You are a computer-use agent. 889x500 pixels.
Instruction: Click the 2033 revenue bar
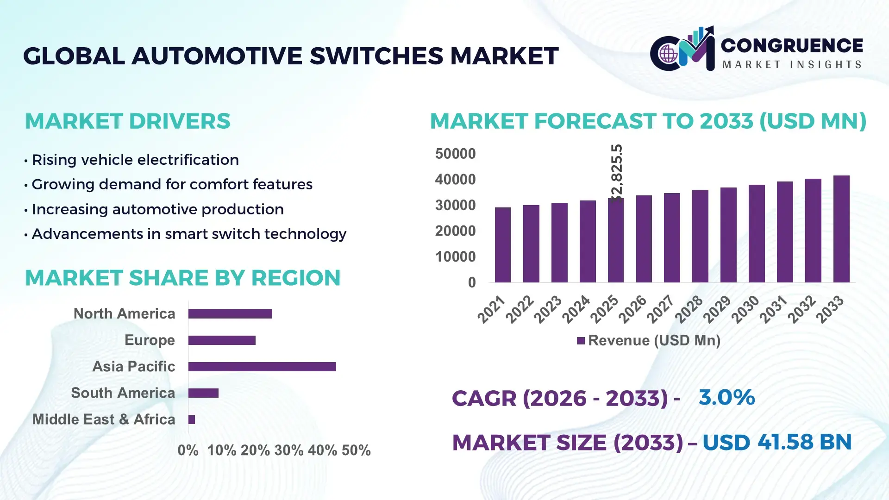[x=841, y=229]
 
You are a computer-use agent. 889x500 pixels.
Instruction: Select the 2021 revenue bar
[x=503, y=245]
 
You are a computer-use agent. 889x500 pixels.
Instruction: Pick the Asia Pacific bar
[x=262, y=367]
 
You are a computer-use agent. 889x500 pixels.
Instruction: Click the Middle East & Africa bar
[x=192, y=419]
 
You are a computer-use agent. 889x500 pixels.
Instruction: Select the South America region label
[x=123, y=393]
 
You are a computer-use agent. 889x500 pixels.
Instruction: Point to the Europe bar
[x=222, y=340]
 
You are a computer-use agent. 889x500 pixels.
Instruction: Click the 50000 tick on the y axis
[x=455, y=154]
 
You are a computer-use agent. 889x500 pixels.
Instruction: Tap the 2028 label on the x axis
[x=689, y=309]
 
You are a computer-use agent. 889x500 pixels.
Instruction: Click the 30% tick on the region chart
[x=289, y=450]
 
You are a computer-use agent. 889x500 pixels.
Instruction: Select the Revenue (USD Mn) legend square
[x=581, y=341]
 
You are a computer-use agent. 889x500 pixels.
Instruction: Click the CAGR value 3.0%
[x=726, y=397]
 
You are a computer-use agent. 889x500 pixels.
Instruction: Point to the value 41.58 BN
[x=804, y=442]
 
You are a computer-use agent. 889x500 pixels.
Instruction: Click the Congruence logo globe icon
[x=668, y=54]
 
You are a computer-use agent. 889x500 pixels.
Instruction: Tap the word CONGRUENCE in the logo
[x=792, y=45]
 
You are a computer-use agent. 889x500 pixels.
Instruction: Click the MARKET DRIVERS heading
[x=127, y=121]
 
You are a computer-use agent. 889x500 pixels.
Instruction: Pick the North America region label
[x=124, y=314]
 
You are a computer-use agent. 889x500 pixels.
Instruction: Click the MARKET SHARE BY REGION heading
[x=182, y=278]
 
